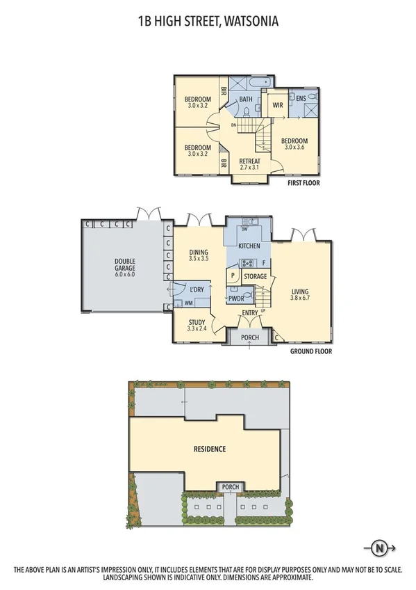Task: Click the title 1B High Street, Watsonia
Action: [208, 22]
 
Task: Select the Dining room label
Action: [199, 255]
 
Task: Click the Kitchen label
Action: [249, 247]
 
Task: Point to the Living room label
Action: [300, 295]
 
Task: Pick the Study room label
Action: [198, 326]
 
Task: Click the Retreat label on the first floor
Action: [249, 164]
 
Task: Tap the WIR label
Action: [277, 105]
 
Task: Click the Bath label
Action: [246, 99]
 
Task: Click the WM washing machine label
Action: [188, 303]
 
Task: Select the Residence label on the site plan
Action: [209, 449]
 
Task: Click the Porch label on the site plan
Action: [228, 487]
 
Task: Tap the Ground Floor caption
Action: [310, 352]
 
